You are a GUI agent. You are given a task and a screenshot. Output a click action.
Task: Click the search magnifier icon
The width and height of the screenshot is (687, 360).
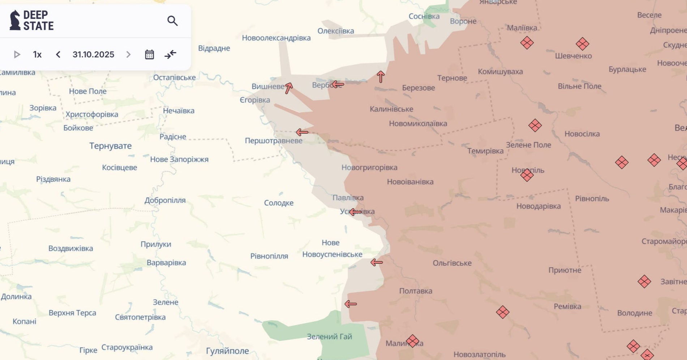click(172, 21)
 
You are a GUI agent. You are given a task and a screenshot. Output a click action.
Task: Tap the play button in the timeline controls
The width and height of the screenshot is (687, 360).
click(17, 55)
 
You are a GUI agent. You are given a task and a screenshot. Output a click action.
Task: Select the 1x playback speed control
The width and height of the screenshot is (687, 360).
click(37, 55)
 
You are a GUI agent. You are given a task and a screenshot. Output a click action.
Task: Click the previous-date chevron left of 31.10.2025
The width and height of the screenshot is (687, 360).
click(58, 55)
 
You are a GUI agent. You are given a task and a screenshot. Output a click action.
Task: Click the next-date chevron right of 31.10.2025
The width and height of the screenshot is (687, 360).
click(128, 55)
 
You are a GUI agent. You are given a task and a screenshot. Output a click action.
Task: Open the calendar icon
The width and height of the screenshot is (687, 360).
click(149, 55)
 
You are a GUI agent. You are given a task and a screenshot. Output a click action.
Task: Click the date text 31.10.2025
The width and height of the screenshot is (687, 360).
click(93, 55)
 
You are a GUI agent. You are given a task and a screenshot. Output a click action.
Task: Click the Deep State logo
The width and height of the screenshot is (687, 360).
click(32, 20)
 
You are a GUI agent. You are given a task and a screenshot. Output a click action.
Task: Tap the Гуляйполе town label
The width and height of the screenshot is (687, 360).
click(227, 351)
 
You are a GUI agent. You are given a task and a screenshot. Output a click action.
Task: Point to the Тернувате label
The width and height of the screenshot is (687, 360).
click(111, 146)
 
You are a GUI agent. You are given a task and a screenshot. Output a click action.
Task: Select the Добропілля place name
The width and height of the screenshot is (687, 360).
click(165, 200)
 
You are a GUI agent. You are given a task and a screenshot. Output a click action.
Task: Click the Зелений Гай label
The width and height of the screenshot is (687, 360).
click(329, 337)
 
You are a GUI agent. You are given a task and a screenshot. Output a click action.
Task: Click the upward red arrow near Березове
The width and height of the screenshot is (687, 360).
click(381, 77)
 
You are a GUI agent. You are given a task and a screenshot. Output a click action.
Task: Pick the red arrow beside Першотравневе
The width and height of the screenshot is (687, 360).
click(302, 132)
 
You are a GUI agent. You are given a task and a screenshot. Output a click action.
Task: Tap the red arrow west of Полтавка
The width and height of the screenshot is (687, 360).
click(351, 304)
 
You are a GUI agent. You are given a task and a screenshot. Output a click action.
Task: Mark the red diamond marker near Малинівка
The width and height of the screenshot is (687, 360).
click(412, 341)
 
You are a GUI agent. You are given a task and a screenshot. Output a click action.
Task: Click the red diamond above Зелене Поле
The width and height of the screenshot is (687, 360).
click(535, 125)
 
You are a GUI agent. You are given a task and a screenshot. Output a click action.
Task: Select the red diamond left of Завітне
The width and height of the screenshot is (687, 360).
click(644, 281)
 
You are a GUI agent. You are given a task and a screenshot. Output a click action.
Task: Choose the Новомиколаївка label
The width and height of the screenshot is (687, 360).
click(418, 124)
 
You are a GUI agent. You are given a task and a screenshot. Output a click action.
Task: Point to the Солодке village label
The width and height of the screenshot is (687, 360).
click(279, 203)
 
